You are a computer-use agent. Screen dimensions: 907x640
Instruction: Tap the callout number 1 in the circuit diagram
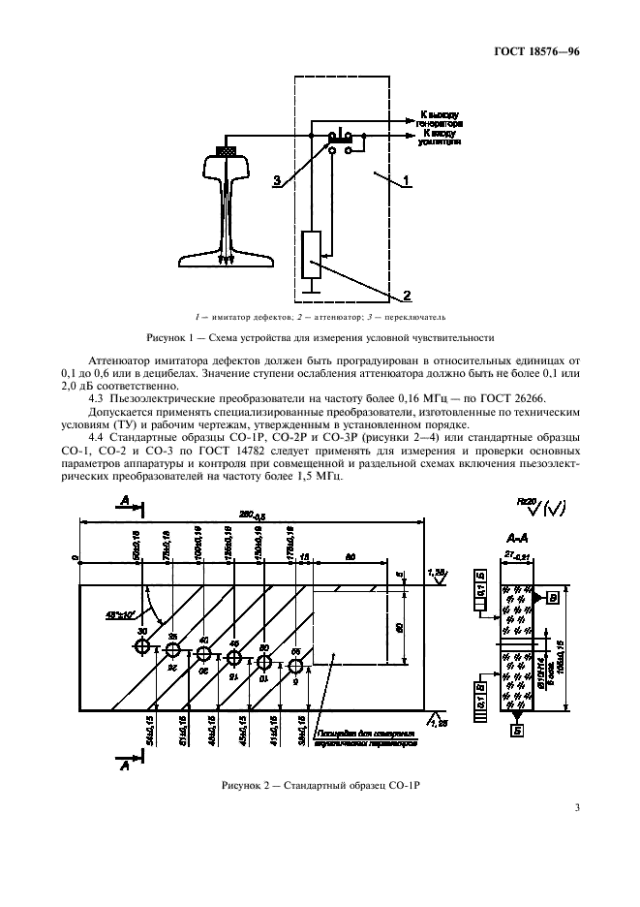pos(408,179)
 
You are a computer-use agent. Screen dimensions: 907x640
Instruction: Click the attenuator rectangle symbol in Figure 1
pos(311,249)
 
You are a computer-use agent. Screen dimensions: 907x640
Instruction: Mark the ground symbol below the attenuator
pos(311,286)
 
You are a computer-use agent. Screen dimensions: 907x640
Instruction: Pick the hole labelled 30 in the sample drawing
pos(142,646)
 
